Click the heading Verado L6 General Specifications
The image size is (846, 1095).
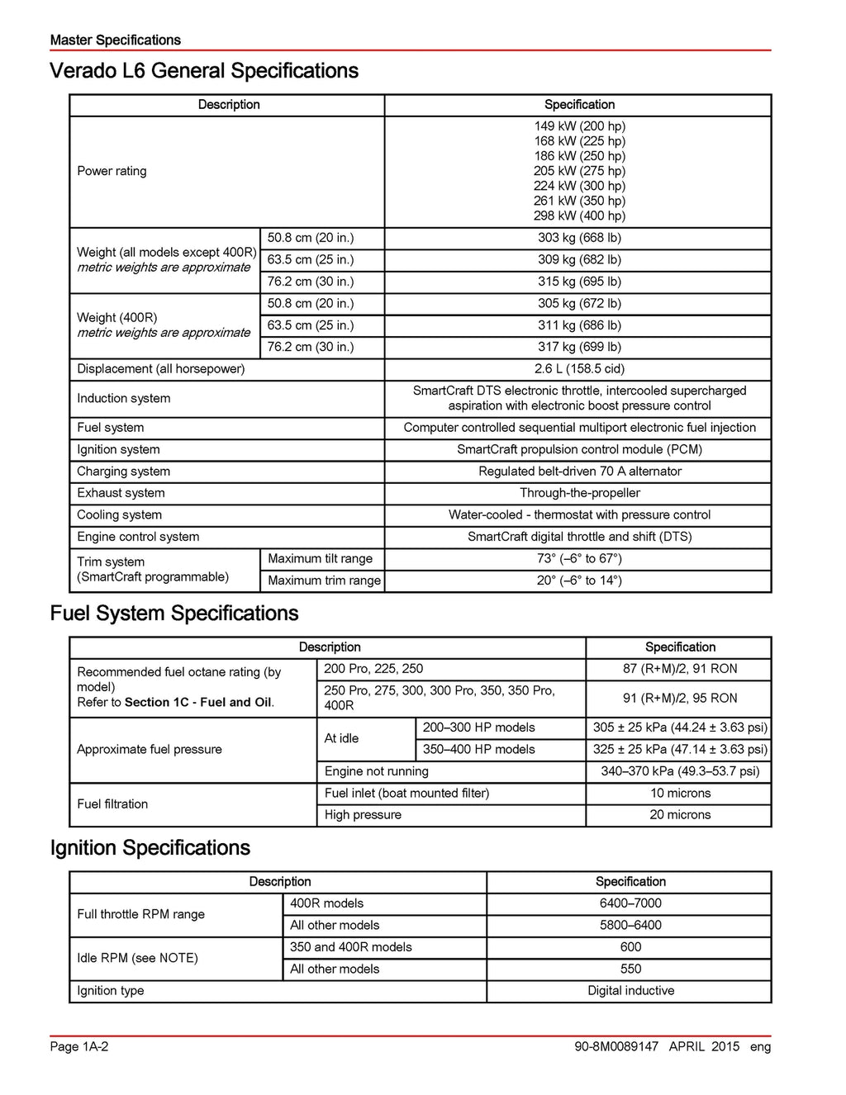pyautogui.click(x=204, y=71)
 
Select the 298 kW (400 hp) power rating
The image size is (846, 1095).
pyautogui.click(x=579, y=216)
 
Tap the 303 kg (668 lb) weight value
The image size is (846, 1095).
pyautogui.click(x=579, y=238)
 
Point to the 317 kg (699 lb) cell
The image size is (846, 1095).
pyautogui.click(x=579, y=347)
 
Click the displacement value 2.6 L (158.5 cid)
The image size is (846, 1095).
pyautogui.click(x=579, y=369)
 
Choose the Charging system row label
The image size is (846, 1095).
pyautogui.click(x=124, y=472)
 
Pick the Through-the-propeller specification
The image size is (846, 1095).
pyautogui.click(x=579, y=493)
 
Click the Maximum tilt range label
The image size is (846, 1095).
pyautogui.click(x=321, y=559)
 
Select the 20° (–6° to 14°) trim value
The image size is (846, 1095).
pyautogui.click(x=579, y=581)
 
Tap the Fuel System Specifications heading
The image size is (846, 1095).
pyautogui.click(x=174, y=614)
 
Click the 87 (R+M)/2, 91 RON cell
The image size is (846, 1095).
pyautogui.click(x=680, y=669)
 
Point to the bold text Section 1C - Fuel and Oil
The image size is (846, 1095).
pyautogui.click(x=198, y=703)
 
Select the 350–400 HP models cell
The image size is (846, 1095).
pyautogui.click(x=479, y=750)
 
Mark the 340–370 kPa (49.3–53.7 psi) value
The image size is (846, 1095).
pyautogui.click(x=680, y=771)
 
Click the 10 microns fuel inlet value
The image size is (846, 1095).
pyautogui.click(x=680, y=794)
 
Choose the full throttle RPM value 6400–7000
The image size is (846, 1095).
pyautogui.click(x=630, y=903)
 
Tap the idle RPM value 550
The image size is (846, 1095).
pyautogui.click(x=630, y=969)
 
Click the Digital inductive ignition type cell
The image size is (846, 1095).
pyautogui.click(x=630, y=991)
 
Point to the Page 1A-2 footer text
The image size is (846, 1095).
pyautogui.click(x=79, y=1047)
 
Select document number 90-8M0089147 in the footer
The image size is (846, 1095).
pyautogui.click(x=616, y=1047)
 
